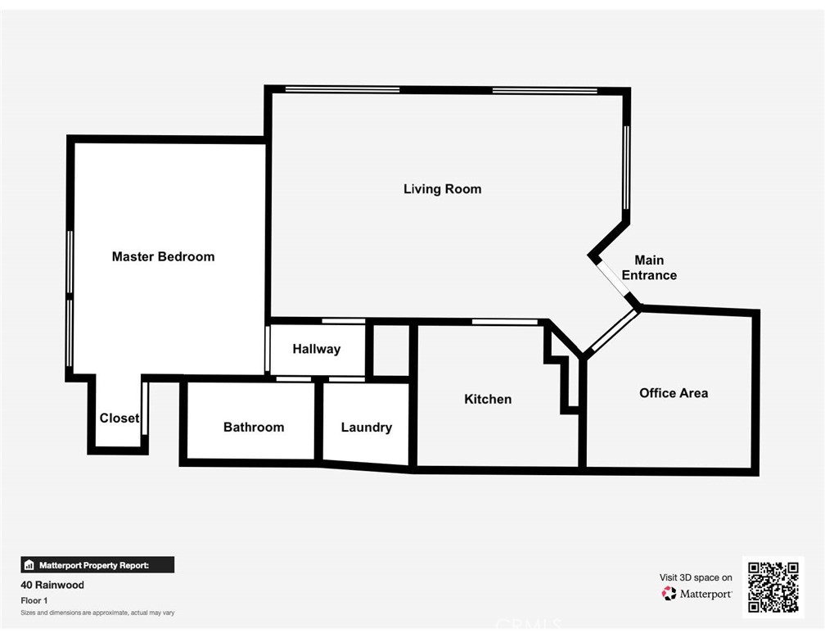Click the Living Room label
442,189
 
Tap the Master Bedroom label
163,256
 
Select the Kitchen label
488,399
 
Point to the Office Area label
674,393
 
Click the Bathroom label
254,427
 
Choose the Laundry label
366,427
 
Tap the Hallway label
316,349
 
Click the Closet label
119,418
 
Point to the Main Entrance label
649,268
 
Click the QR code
773,586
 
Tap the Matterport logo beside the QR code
697,594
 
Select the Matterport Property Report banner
97,564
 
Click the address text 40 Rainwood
52,586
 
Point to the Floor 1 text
34,600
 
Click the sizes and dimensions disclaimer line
97,613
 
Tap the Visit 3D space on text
696,577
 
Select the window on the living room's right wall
627,168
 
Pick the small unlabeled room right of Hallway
391,351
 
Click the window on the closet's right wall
145,407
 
